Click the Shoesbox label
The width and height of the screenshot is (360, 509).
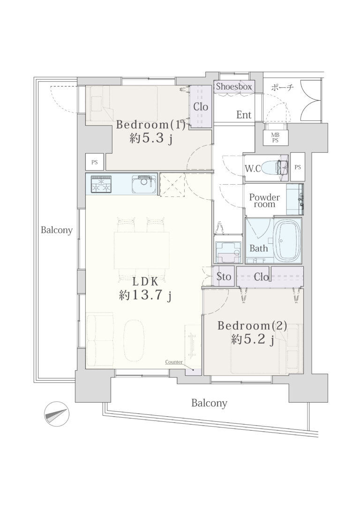[x=234, y=87]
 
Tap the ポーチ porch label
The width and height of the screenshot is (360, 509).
[x=282, y=88]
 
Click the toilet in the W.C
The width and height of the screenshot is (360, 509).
[x=274, y=167]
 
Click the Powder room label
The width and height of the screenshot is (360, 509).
[x=264, y=201]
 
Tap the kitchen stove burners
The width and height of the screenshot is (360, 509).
[x=101, y=184]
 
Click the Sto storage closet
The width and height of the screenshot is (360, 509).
[x=224, y=276]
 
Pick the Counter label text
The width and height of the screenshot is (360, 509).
[x=173, y=362]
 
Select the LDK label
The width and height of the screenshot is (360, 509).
[x=145, y=282]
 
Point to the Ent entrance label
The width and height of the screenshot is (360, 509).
[x=244, y=114]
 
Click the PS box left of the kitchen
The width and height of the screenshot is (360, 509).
[x=95, y=162]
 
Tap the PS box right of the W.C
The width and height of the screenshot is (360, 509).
[x=298, y=167]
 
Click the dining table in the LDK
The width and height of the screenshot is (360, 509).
[x=142, y=250]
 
